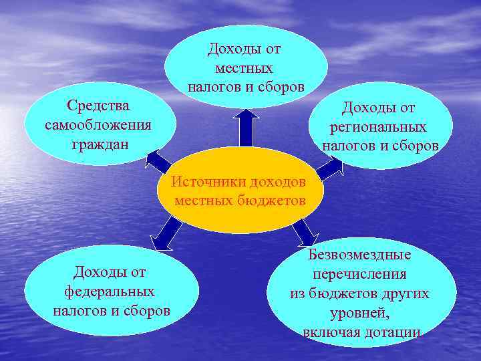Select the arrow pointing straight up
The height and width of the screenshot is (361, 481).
[247, 126]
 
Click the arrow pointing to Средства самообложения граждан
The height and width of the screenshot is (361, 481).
[158, 161]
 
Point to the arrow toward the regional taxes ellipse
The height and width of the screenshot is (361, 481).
[328, 168]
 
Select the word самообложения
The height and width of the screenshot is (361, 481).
[98, 125]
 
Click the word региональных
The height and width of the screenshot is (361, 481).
[378, 126]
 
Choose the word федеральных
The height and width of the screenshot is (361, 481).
[110, 292]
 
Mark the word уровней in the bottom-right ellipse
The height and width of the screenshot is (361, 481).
[359, 313]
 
